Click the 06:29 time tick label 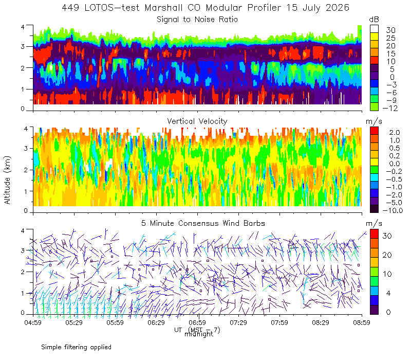pyautogui.click(x=156, y=322)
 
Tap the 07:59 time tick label pyautogui.click(x=279, y=322)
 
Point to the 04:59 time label pyautogui.click(x=33, y=322)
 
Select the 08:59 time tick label pyautogui.click(x=362, y=322)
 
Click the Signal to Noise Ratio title pyautogui.click(x=197, y=20)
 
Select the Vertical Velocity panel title pyautogui.click(x=197, y=121)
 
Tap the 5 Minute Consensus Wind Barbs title pyautogui.click(x=203, y=223)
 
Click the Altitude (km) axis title pyautogui.click(x=7, y=180)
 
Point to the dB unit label pyautogui.click(x=374, y=20)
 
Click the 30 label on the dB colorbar pyautogui.click(x=390, y=30)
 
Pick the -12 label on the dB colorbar pyautogui.click(x=390, y=108)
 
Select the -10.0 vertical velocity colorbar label pyautogui.click(x=393, y=210)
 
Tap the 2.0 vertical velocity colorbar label pyautogui.click(x=395, y=133)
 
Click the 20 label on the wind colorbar pyautogui.click(x=387, y=255)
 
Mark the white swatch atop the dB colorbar pyautogui.click(x=374, y=29)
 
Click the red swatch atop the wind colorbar pyautogui.click(x=374, y=234)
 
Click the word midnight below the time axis pyautogui.click(x=199, y=334)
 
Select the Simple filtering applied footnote pyautogui.click(x=76, y=347)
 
